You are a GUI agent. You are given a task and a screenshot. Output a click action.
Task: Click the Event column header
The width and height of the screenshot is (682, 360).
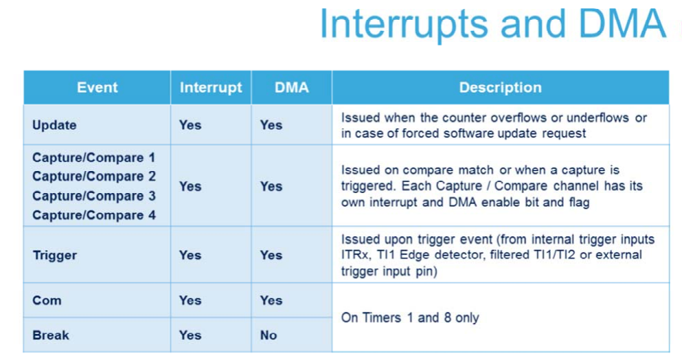(x=97, y=87)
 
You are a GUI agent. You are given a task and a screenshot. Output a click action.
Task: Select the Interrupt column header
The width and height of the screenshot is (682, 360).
(x=211, y=87)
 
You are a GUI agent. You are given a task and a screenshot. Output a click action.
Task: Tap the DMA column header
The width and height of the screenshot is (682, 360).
(x=291, y=87)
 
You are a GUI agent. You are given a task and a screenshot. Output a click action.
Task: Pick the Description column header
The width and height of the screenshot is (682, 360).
(x=500, y=87)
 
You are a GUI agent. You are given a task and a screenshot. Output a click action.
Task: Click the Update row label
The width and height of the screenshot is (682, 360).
(x=54, y=125)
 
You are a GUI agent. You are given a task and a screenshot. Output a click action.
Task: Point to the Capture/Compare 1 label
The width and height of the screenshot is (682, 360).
(x=93, y=157)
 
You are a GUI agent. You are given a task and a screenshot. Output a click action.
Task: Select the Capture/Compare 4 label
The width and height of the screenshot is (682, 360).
(x=93, y=215)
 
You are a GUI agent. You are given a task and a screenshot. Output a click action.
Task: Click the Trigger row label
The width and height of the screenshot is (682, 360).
(x=55, y=255)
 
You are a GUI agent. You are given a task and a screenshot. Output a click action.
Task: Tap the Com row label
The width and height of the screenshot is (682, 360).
(x=47, y=300)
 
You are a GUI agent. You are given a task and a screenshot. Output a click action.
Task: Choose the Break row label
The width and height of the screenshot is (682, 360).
(x=50, y=335)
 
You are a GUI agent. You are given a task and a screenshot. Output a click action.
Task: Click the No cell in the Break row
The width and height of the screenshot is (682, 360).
(x=269, y=335)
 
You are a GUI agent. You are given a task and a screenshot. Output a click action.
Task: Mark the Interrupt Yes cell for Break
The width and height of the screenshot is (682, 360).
(x=190, y=335)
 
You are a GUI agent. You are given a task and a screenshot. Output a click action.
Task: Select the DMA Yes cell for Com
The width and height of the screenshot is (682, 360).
(x=271, y=300)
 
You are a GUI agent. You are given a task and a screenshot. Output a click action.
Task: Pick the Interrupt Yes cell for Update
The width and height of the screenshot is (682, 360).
(x=190, y=125)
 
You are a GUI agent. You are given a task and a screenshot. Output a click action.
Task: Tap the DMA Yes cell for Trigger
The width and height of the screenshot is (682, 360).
(x=271, y=255)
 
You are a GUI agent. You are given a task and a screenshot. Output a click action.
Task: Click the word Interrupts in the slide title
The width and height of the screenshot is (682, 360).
(x=404, y=24)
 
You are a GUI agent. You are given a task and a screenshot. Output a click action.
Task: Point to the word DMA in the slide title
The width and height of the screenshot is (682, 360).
(x=622, y=24)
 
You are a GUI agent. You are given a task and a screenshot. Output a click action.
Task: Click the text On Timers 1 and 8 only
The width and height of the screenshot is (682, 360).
(x=410, y=318)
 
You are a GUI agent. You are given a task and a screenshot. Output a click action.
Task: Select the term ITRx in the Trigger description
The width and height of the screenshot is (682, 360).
(x=354, y=255)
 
